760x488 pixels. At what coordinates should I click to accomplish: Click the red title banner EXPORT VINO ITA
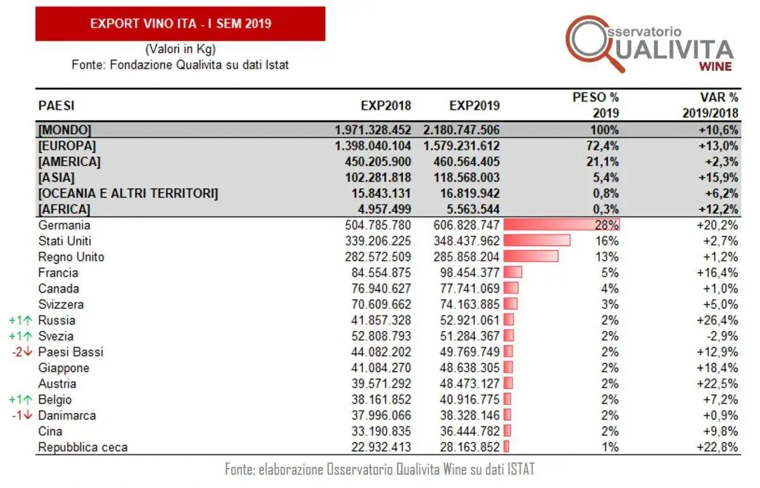[x=180, y=24]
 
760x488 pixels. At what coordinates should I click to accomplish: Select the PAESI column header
[x=56, y=106]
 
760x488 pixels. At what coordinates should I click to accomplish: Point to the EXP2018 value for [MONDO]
[x=373, y=130]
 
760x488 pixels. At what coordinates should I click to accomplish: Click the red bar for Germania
[x=561, y=225]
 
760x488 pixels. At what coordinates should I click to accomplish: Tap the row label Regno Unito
[x=71, y=257]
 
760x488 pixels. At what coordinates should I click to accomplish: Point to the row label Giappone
[x=63, y=368]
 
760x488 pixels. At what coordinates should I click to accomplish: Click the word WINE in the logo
[x=715, y=66]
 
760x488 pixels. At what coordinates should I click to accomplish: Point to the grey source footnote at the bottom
[x=380, y=470]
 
